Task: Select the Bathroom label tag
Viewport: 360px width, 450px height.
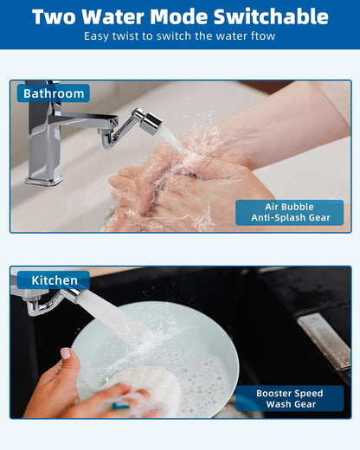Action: (54, 93)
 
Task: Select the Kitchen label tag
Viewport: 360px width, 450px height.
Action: (54, 280)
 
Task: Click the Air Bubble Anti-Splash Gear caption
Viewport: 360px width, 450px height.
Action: (289, 212)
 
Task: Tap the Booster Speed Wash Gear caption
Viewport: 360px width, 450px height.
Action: (289, 398)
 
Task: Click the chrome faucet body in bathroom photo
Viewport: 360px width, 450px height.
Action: (43, 143)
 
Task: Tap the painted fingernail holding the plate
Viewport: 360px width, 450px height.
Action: (66, 353)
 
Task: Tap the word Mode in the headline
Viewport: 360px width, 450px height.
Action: (184, 16)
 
